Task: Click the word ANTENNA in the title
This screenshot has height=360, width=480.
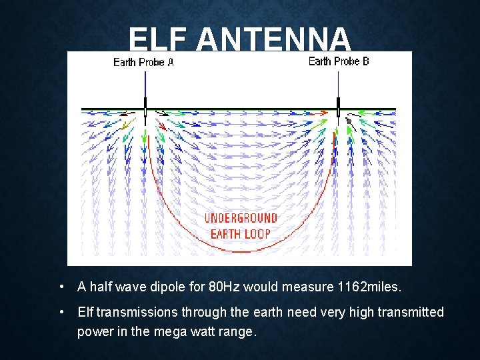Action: coord(273,40)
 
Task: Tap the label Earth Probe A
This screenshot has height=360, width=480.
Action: coord(143,62)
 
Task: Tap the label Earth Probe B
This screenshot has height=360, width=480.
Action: coord(339,61)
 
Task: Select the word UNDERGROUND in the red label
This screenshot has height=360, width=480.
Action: coord(241,219)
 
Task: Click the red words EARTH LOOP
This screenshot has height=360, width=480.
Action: coord(241,233)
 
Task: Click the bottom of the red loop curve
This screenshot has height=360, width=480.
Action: coord(241,251)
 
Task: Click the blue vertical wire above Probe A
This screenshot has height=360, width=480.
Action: coord(145,83)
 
